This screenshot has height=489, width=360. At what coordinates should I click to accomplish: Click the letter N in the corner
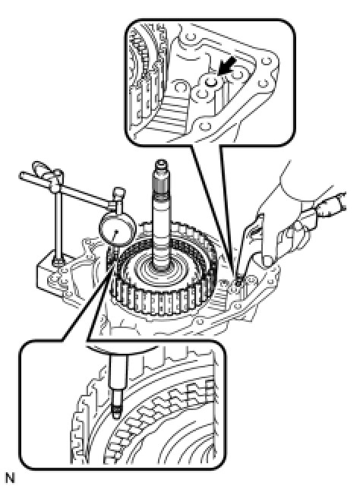click(11, 478)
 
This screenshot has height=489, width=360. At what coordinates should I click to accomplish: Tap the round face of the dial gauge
click(117, 230)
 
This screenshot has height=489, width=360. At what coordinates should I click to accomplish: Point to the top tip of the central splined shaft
click(161, 162)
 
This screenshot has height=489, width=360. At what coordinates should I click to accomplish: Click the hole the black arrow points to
click(212, 82)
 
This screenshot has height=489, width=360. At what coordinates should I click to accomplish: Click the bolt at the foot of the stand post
click(58, 262)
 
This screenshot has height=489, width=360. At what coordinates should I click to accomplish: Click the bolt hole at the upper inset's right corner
click(266, 62)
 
